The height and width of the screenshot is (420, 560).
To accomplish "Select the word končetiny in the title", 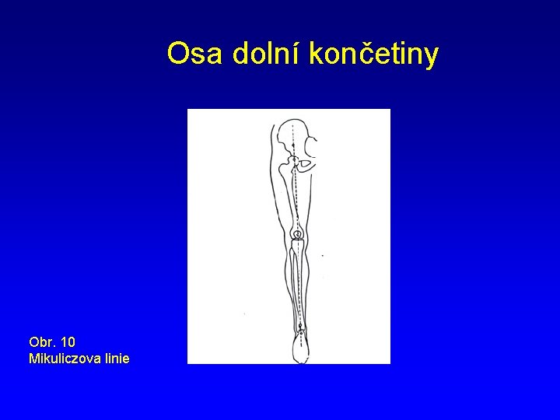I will point(374,55).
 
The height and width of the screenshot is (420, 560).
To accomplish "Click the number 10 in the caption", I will point(68,341).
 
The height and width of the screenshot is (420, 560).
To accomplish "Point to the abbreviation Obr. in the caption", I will point(41,341).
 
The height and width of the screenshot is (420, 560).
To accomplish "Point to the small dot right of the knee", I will point(323,255).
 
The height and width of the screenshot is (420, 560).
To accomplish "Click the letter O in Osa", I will point(178,54).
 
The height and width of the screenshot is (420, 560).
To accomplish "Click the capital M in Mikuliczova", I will point(33,359).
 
